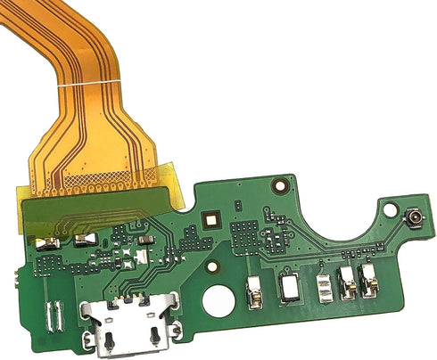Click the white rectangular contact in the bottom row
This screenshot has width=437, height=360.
291,287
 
